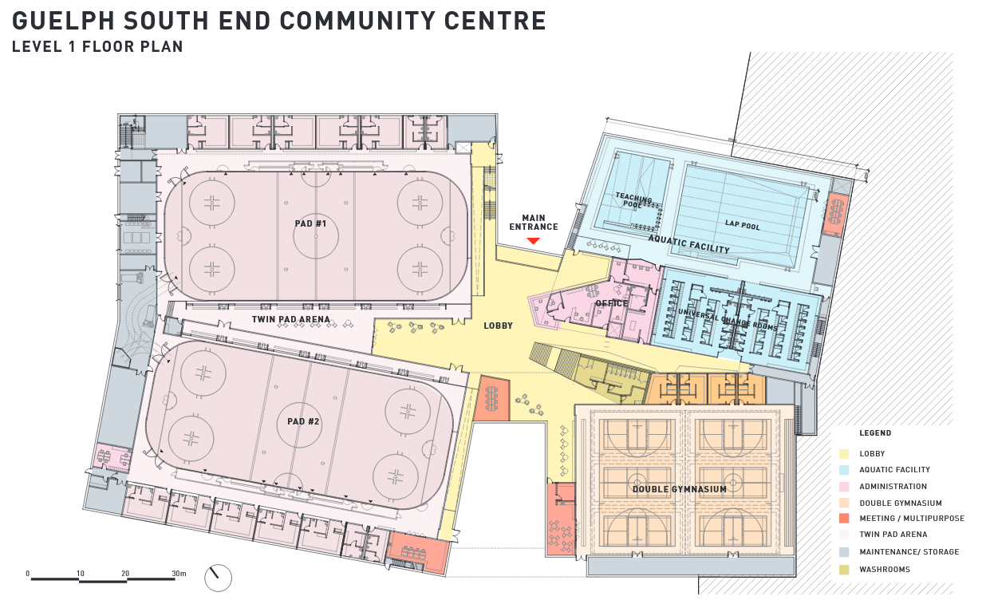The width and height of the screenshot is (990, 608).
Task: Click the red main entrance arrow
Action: point(533,241)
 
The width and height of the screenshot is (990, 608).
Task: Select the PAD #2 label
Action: point(303,420)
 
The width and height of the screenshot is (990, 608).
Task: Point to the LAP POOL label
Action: point(742,226)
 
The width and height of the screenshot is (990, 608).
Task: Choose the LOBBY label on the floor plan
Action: point(498,326)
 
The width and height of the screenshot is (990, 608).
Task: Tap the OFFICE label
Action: point(612,303)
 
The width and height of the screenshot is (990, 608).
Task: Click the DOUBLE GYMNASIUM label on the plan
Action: point(679,489)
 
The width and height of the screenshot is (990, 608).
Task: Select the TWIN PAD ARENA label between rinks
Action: point(290,319)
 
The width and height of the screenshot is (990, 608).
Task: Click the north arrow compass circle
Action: point(218,578)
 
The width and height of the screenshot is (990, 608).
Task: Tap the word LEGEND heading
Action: point(875,433)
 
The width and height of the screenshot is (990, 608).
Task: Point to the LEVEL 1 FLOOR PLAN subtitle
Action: point(97,47)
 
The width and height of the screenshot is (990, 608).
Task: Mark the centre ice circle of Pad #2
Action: point(300,421)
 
